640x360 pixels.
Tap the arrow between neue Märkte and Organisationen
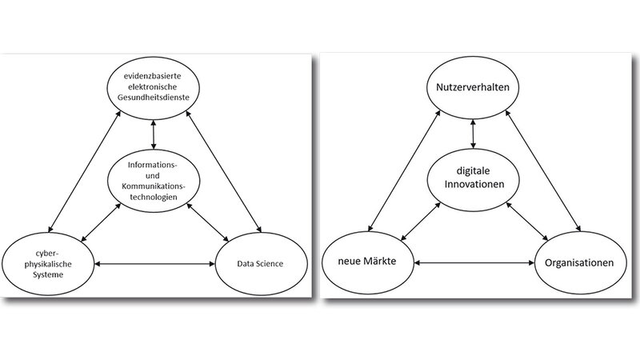474,262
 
